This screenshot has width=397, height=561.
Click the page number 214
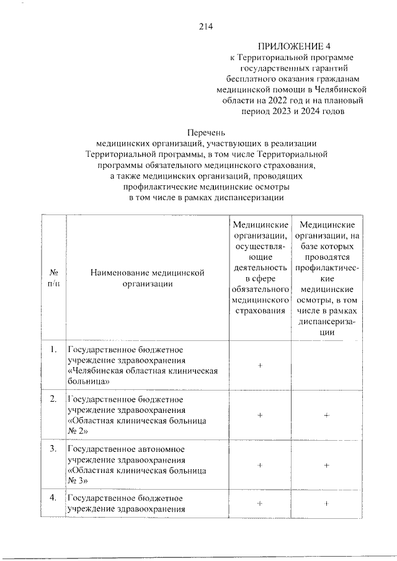tap(206, 26)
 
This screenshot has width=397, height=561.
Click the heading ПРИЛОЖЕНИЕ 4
tap(297, 46)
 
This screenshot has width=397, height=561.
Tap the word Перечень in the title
tap(206, 131)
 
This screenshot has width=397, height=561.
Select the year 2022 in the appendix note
tap(278, 100)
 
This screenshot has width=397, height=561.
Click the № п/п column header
tap(53, 278)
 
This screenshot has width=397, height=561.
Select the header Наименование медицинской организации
tap(147, 278)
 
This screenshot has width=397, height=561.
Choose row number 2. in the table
tap(53, 398)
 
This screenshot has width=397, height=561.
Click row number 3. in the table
tap(53, 448)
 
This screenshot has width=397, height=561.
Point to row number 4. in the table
tap(53, 497)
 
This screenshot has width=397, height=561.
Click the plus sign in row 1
tap(260, 366)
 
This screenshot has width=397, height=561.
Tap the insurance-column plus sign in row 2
tap(260, 415)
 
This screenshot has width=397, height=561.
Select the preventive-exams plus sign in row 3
tap(326, 464)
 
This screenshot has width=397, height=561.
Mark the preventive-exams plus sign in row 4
tap(326, 503)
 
